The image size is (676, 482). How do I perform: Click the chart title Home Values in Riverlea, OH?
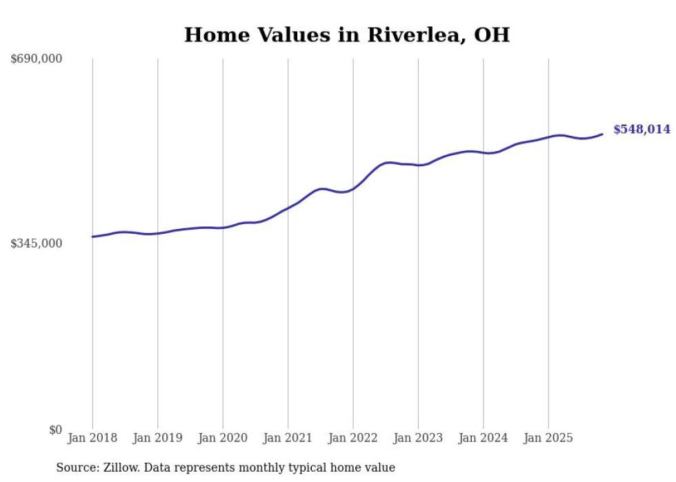click(x=346, y=35)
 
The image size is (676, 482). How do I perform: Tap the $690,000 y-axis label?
click(x=37, y=59)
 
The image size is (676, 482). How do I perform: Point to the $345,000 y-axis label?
click(x=37, y=243)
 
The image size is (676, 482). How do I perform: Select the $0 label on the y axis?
click(x=55, y=430)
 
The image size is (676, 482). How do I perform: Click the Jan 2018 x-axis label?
click(x=92, y=439)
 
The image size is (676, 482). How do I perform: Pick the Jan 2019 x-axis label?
click(x=157, y=439)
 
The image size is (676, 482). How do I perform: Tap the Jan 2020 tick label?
click(x=223, y=439)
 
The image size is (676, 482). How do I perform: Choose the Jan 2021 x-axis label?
click(x=288, y=439)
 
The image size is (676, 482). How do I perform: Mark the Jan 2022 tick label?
click(x=353, y=439)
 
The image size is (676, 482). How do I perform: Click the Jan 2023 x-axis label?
click(x=418, y=439)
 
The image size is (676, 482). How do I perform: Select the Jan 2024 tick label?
click(x=484, y=439)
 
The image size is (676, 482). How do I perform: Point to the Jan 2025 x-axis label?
click(x=548, y=439)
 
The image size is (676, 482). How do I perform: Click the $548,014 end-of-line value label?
click(x=642, y=130)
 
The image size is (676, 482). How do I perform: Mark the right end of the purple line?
click(x=603, y=134)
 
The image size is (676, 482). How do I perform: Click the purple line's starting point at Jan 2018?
click(x=92, y=237)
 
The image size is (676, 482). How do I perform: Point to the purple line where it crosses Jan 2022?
click(x=353, y=188)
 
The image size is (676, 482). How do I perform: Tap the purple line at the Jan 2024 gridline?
click(x=484, y=152)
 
